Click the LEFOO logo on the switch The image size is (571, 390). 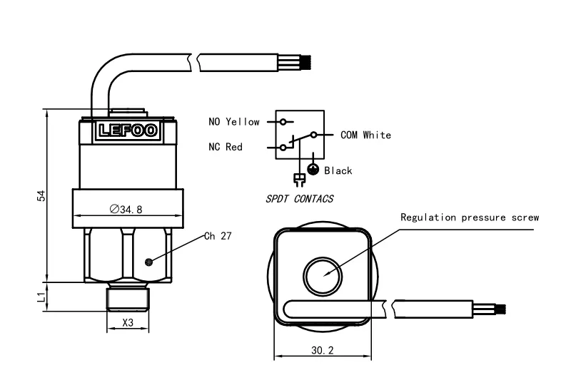[128, 130]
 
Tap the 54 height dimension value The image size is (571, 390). [41, 195]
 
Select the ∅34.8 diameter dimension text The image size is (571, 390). [126, 210]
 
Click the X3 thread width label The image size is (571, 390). [128, 322]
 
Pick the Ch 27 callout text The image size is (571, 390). [218, 236]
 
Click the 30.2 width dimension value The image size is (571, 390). [323, 350]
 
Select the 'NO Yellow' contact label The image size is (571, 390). [234, 122]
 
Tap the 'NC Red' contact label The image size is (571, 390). [226, 148]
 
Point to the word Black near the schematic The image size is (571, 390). [338, 170]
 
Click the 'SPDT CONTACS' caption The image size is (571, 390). [299, 199]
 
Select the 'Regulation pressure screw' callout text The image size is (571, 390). [469, 217]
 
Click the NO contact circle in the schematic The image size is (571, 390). [283, 122]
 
